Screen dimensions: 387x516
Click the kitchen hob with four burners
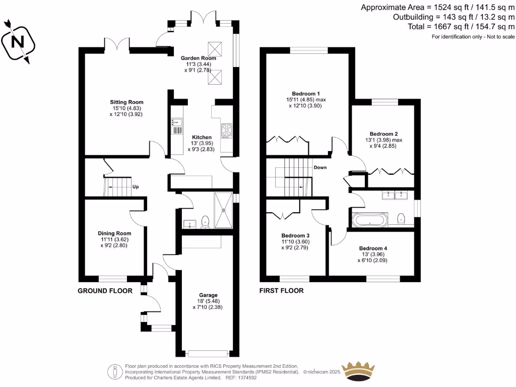(226, 131)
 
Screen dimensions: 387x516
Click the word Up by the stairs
(136, 186)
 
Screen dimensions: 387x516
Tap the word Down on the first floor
(320, 167)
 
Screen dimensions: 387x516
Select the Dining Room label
(114, 233)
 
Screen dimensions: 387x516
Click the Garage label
(208, 295)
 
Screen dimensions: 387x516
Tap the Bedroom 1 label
(306, 93)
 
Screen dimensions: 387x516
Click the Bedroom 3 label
(295, 235)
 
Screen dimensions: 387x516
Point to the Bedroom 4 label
(373, 248)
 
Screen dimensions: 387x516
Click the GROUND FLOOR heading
(105, 291)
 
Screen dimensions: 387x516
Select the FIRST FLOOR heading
(281, 291)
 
